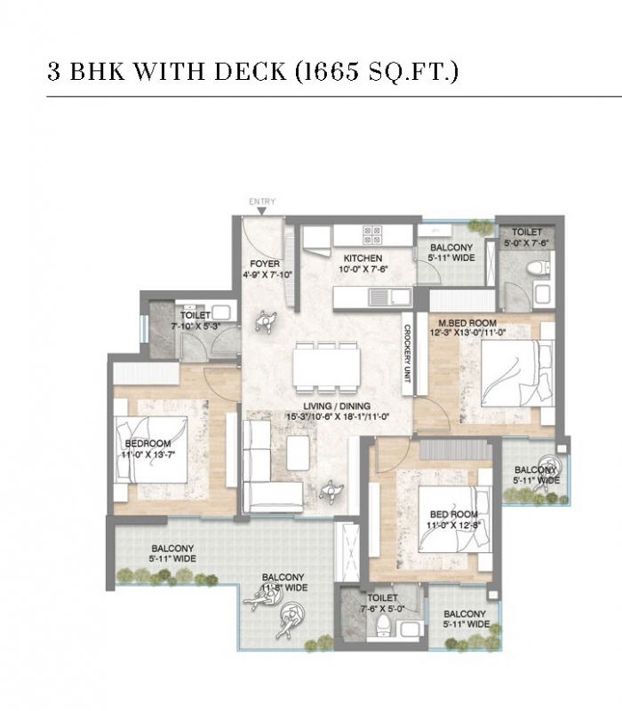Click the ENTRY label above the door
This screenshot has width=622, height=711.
262,201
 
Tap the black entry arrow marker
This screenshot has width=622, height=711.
262,211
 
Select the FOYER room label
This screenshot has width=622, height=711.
265,264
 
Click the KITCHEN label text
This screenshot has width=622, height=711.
363,258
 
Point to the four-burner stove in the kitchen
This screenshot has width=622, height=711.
371,235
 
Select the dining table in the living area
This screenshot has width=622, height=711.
326,367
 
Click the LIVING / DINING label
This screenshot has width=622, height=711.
337,407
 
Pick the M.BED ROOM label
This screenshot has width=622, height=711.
467,323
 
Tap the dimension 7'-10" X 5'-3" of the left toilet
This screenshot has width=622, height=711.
195,326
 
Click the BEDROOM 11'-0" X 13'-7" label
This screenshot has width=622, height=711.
148,449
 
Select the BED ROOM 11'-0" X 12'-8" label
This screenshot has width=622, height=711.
453,519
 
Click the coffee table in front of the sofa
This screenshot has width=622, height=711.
299,453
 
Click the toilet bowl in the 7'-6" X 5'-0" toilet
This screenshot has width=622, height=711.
384,626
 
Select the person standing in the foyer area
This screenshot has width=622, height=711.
265,321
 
